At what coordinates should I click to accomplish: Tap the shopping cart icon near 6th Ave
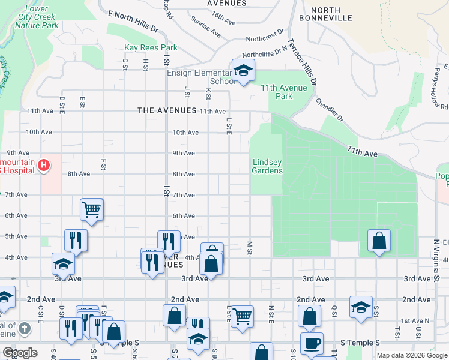(92, 209)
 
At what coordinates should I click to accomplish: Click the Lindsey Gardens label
(267, 166)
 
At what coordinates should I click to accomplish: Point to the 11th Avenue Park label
(284, 92)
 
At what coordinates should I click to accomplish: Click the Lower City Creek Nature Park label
(36, 17)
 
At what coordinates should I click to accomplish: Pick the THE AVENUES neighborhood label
(167, 110)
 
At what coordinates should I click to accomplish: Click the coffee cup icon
(312, 343)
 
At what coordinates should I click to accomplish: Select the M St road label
(249, 248)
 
